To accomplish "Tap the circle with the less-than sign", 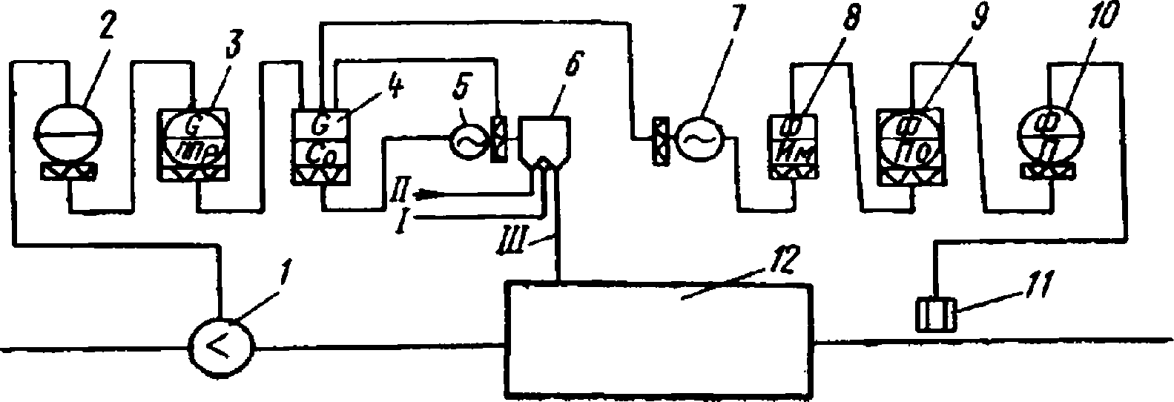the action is pos(222,346).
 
